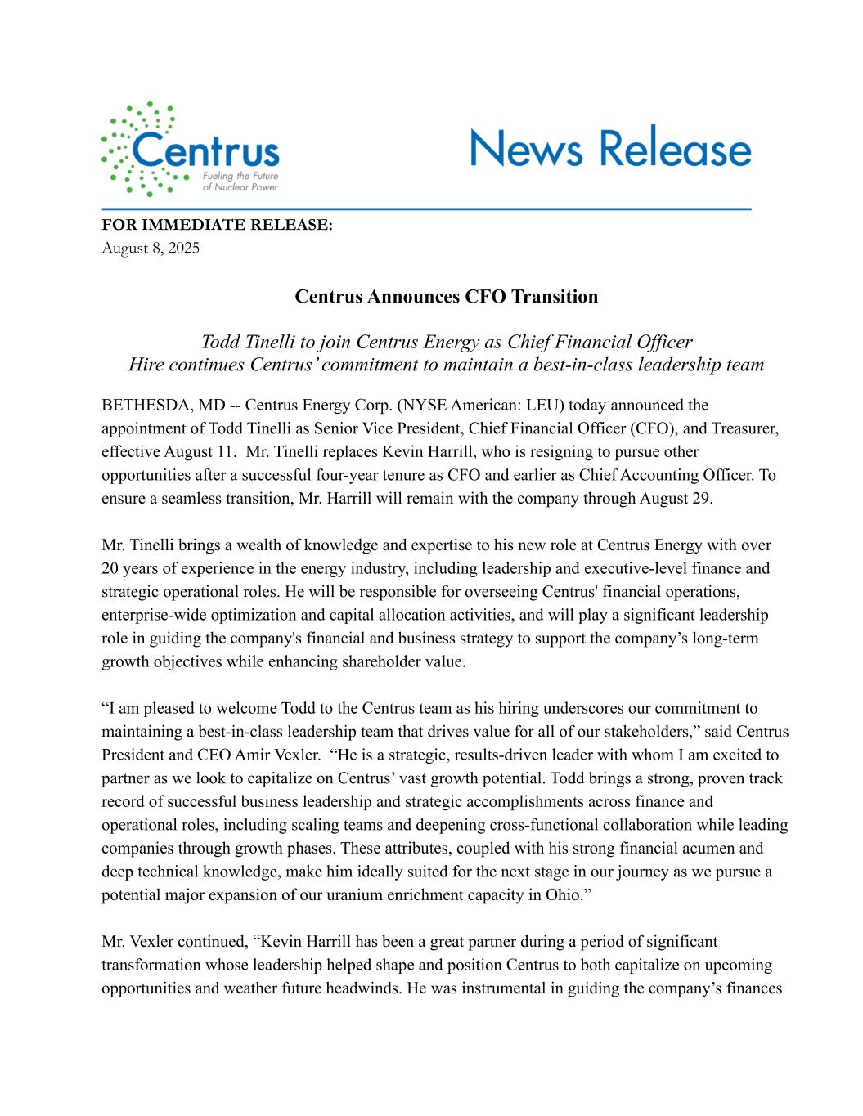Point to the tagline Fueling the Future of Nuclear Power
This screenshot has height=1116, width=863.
coord(239,182)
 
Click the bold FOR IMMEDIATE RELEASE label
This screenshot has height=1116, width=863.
coord(217,225)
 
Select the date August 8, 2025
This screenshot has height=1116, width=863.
coord(151,247)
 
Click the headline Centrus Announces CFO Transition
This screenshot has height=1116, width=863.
coord(446,296)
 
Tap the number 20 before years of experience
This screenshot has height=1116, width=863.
coord(110,568)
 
